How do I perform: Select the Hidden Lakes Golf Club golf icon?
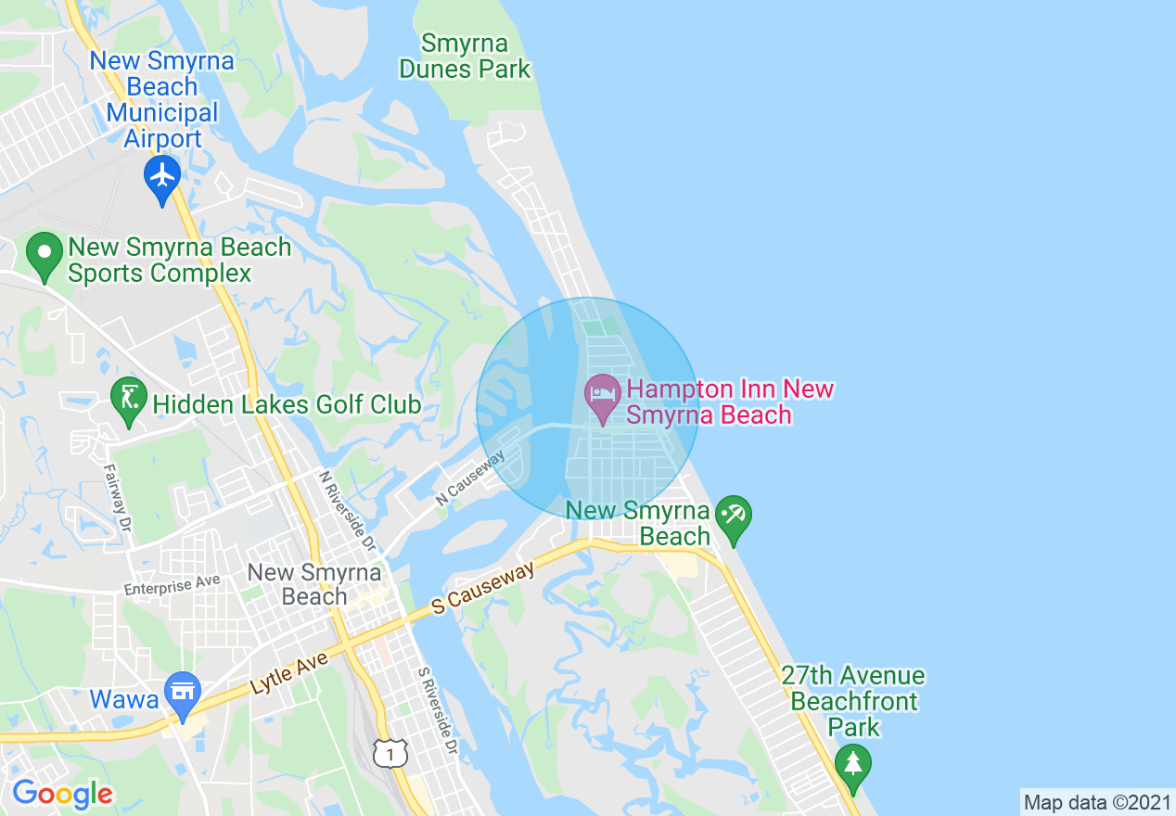[128, 399]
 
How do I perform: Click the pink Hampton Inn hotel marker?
[602, 396]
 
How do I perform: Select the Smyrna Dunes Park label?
[465, 56]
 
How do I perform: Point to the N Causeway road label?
[470, 478]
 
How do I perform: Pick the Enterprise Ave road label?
[172, 585]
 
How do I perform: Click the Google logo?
[62, 794]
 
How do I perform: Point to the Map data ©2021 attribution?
[1097, 802]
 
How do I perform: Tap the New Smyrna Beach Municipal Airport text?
[162, 100]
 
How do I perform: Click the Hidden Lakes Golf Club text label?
[287, 404]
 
